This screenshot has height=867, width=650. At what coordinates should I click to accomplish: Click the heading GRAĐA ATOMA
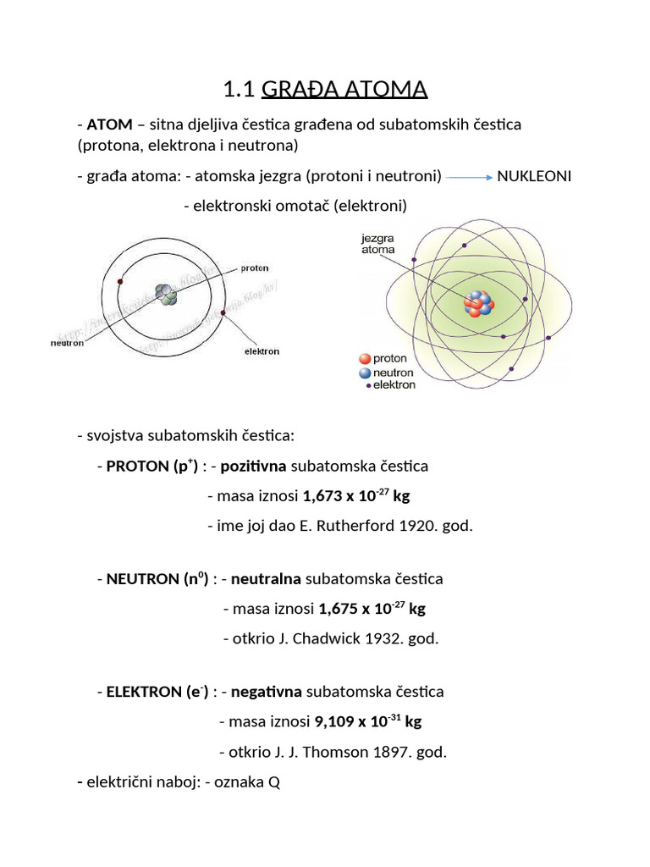pos(344,89)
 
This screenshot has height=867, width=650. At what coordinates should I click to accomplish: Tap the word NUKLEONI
pos(534,176)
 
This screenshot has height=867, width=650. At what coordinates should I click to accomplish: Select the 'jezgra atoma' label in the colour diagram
pos(377,244)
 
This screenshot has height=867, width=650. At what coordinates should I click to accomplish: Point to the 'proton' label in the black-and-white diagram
pos(255,268)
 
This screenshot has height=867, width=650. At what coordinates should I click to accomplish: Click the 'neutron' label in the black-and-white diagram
pos(67,343)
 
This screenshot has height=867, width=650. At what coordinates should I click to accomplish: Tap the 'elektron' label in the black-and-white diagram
pos(262,351)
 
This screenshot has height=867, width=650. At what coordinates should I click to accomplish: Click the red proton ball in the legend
pos(364,359)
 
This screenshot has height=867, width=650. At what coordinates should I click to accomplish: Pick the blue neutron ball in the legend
pos(364,373)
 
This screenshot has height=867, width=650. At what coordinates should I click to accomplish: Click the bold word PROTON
pos(138,467)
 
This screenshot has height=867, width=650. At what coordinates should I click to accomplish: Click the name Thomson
pos(338,752)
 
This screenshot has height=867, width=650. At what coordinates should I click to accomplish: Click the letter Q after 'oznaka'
pos(273,783)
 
